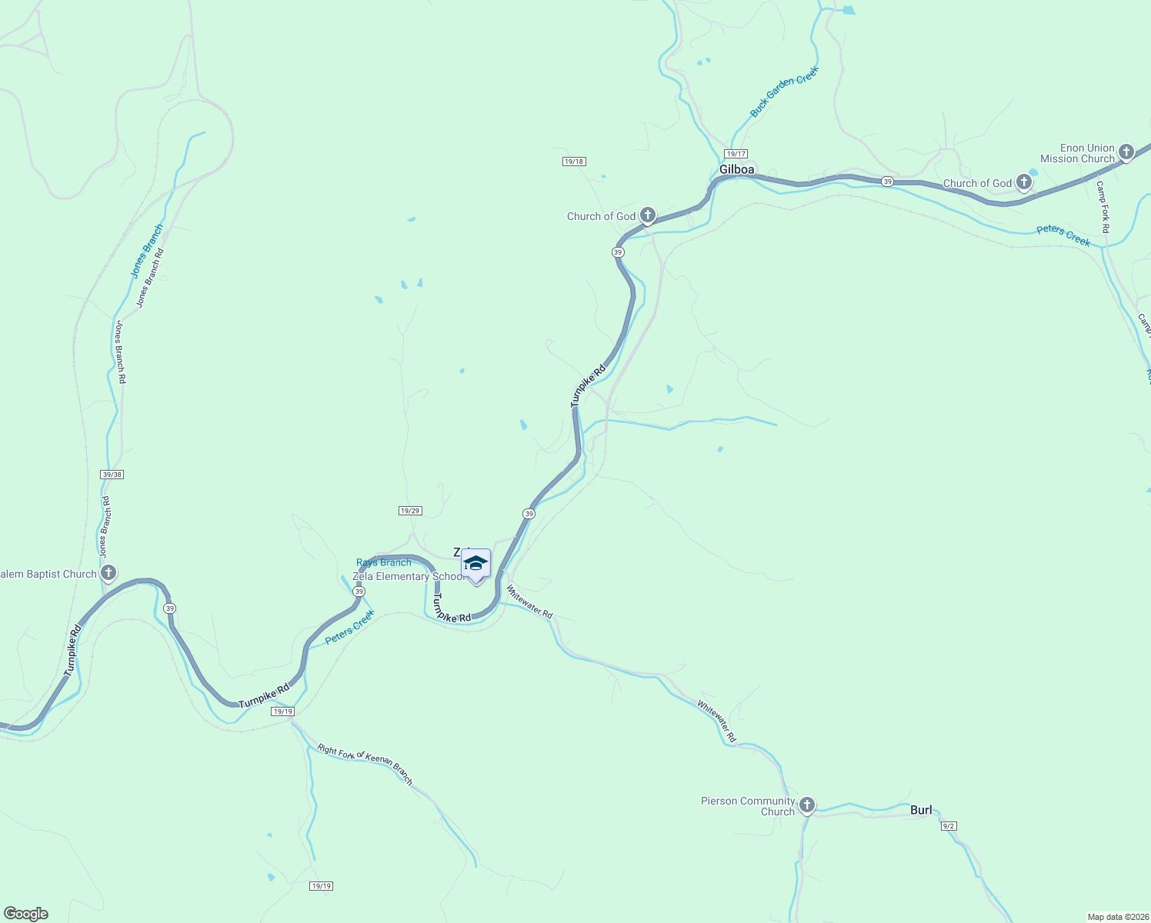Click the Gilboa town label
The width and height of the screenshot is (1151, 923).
click(736, 169)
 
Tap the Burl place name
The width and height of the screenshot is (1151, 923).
click(921, 810)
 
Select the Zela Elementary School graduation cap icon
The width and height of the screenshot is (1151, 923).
click(475, 565)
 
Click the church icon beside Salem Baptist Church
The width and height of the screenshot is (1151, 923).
click(108, 573)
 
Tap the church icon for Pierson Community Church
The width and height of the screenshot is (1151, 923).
click(806, 805)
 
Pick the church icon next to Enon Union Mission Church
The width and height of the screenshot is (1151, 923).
click(1126, 152)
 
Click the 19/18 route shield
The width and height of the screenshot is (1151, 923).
click(574, 162)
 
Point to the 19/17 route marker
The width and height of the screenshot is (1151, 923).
click(736, 154)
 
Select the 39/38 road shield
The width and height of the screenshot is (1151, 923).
click(112, 475)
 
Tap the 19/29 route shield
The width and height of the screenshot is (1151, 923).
click(410, 511)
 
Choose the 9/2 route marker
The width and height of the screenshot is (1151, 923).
click(948, 826)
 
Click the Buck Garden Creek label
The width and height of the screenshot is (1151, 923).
click(784, 92)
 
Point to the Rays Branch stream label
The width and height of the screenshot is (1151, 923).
click(383, 562)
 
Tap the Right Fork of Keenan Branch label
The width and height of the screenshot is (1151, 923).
click(365, 764)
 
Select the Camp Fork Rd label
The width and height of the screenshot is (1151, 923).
click(1103, 207)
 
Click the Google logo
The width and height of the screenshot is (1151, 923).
click(25, 914)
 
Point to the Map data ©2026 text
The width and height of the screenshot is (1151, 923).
click(1117, 917)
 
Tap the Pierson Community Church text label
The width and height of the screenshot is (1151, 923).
click(747, 806)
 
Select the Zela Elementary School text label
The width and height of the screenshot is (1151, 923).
click(408, 576)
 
